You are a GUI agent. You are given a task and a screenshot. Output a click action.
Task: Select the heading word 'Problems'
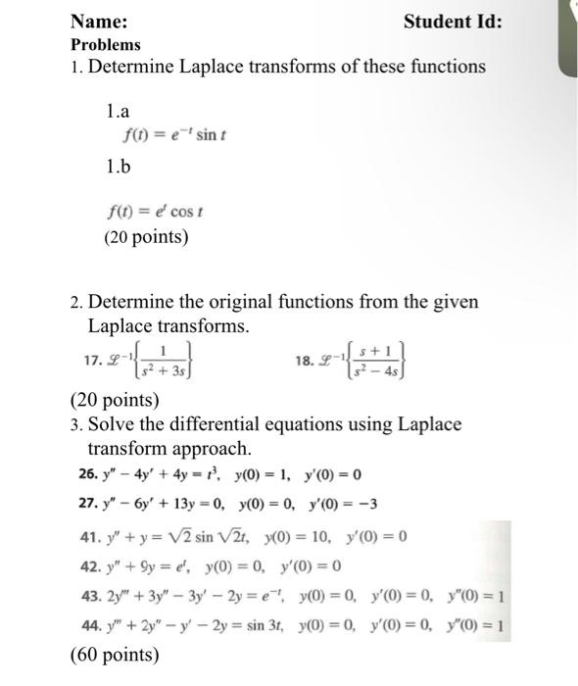(x=106, y=44)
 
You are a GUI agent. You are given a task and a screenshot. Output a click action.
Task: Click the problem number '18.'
(x=305, y=361)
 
